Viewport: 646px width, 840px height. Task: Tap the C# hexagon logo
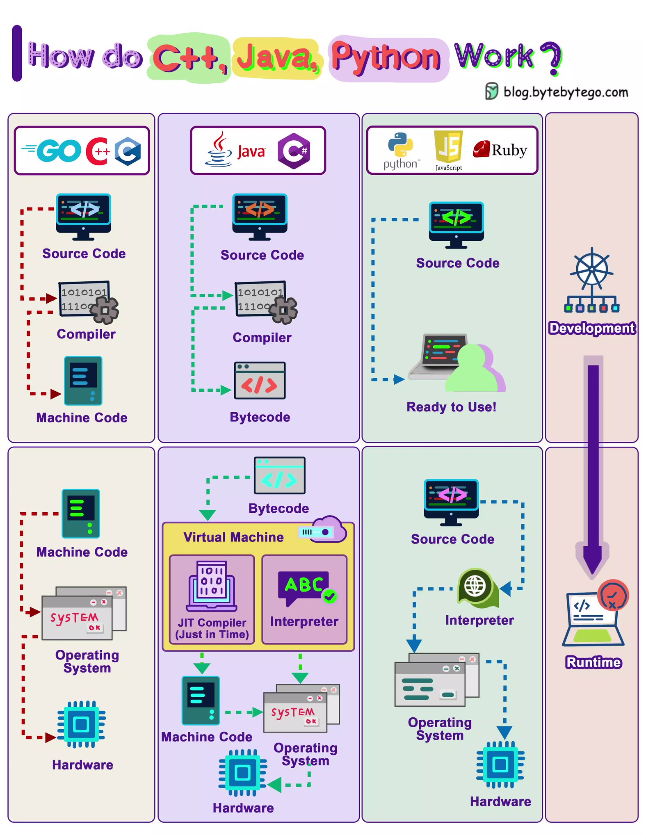(294, 151)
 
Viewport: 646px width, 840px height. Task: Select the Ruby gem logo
(481, 149)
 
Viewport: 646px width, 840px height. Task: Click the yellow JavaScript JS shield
(448, 147)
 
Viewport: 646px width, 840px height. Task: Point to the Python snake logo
(400, 145)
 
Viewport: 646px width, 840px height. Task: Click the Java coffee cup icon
(219, 150)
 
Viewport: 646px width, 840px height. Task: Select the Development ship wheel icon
(592, 280)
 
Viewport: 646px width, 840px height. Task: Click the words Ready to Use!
(451, 407)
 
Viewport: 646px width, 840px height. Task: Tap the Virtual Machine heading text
(233, 537)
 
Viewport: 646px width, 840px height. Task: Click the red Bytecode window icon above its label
(260, 381)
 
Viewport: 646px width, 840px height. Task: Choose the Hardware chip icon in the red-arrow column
(81, 724)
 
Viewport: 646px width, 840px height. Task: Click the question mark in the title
(551, 58)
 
